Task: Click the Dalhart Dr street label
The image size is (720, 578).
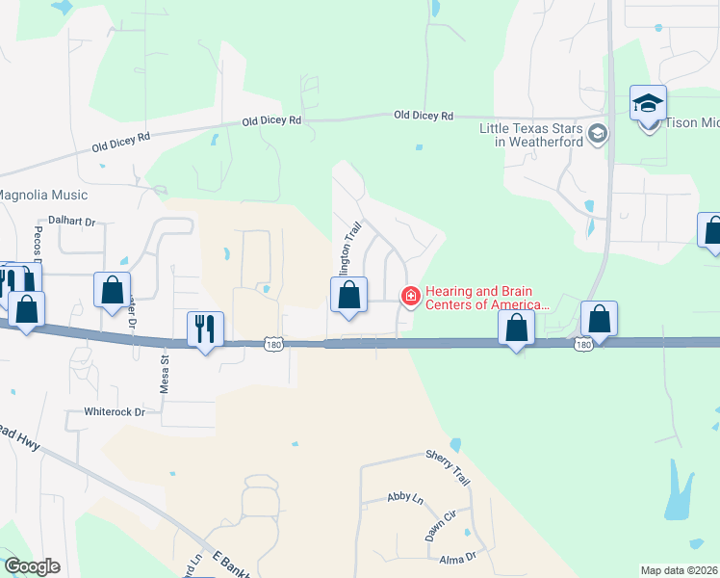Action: coord(72,222)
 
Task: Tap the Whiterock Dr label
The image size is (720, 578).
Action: coord(113,411)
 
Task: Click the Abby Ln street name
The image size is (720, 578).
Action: coord(404,497)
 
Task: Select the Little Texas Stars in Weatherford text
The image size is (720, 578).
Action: coord(532,135)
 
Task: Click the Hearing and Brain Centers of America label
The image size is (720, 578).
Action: coord(486,298)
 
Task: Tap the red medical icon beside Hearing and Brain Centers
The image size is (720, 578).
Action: coord(410,296)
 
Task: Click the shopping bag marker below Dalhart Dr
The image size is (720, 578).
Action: coord(112,289)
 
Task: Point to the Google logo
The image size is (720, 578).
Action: coord(32,566)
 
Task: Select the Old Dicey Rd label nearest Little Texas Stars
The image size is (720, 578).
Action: coord(424,116)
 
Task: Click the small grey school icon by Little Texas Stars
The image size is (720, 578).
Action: coord(598,134)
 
